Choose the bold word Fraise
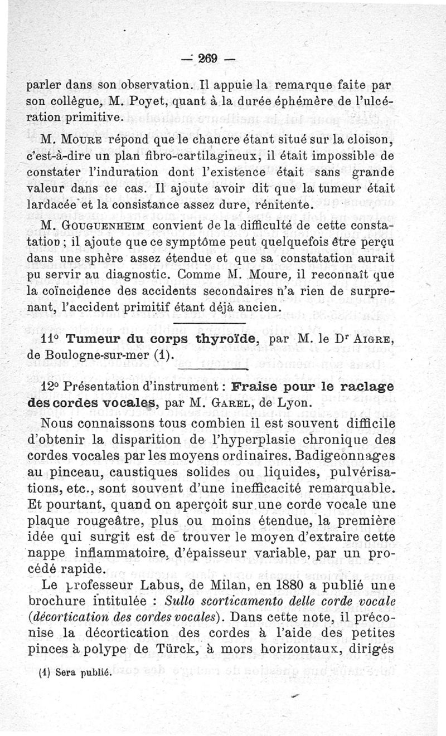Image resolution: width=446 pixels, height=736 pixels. pos(257,387)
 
